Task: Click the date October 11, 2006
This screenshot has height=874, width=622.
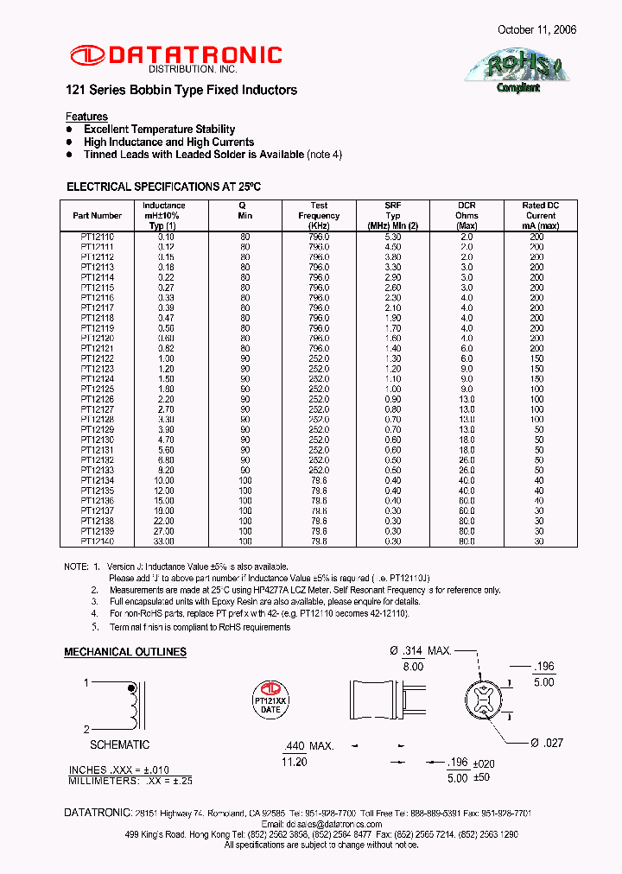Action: pyautogui.click(x=536, y=29)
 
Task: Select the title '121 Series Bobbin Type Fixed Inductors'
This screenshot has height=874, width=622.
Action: pyautogui.click(x=181, y=90)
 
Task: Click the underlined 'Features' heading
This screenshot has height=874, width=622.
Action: pyautogui.click(x=86, y=117)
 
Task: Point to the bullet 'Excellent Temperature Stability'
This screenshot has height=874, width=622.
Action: pyautogui.click(x=159, y=130)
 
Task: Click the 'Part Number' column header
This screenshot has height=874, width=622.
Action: pyautogui.click(x=98, y=216)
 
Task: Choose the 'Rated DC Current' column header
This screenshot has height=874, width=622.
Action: pyautogui.click(x=541, y=216)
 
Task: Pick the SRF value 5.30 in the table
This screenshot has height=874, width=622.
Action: pyautogui.click(x=393, y=236)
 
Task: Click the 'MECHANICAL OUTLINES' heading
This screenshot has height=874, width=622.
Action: pyautogui.click(x=125, y=652)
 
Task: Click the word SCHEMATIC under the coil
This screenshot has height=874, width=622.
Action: pyautogui.click(x=120, y=744)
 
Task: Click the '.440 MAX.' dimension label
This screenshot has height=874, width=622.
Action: pyautogui.click(x=308, y=745)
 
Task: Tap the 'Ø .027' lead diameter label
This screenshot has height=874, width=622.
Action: pyautogui.click(x=546, y=743)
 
